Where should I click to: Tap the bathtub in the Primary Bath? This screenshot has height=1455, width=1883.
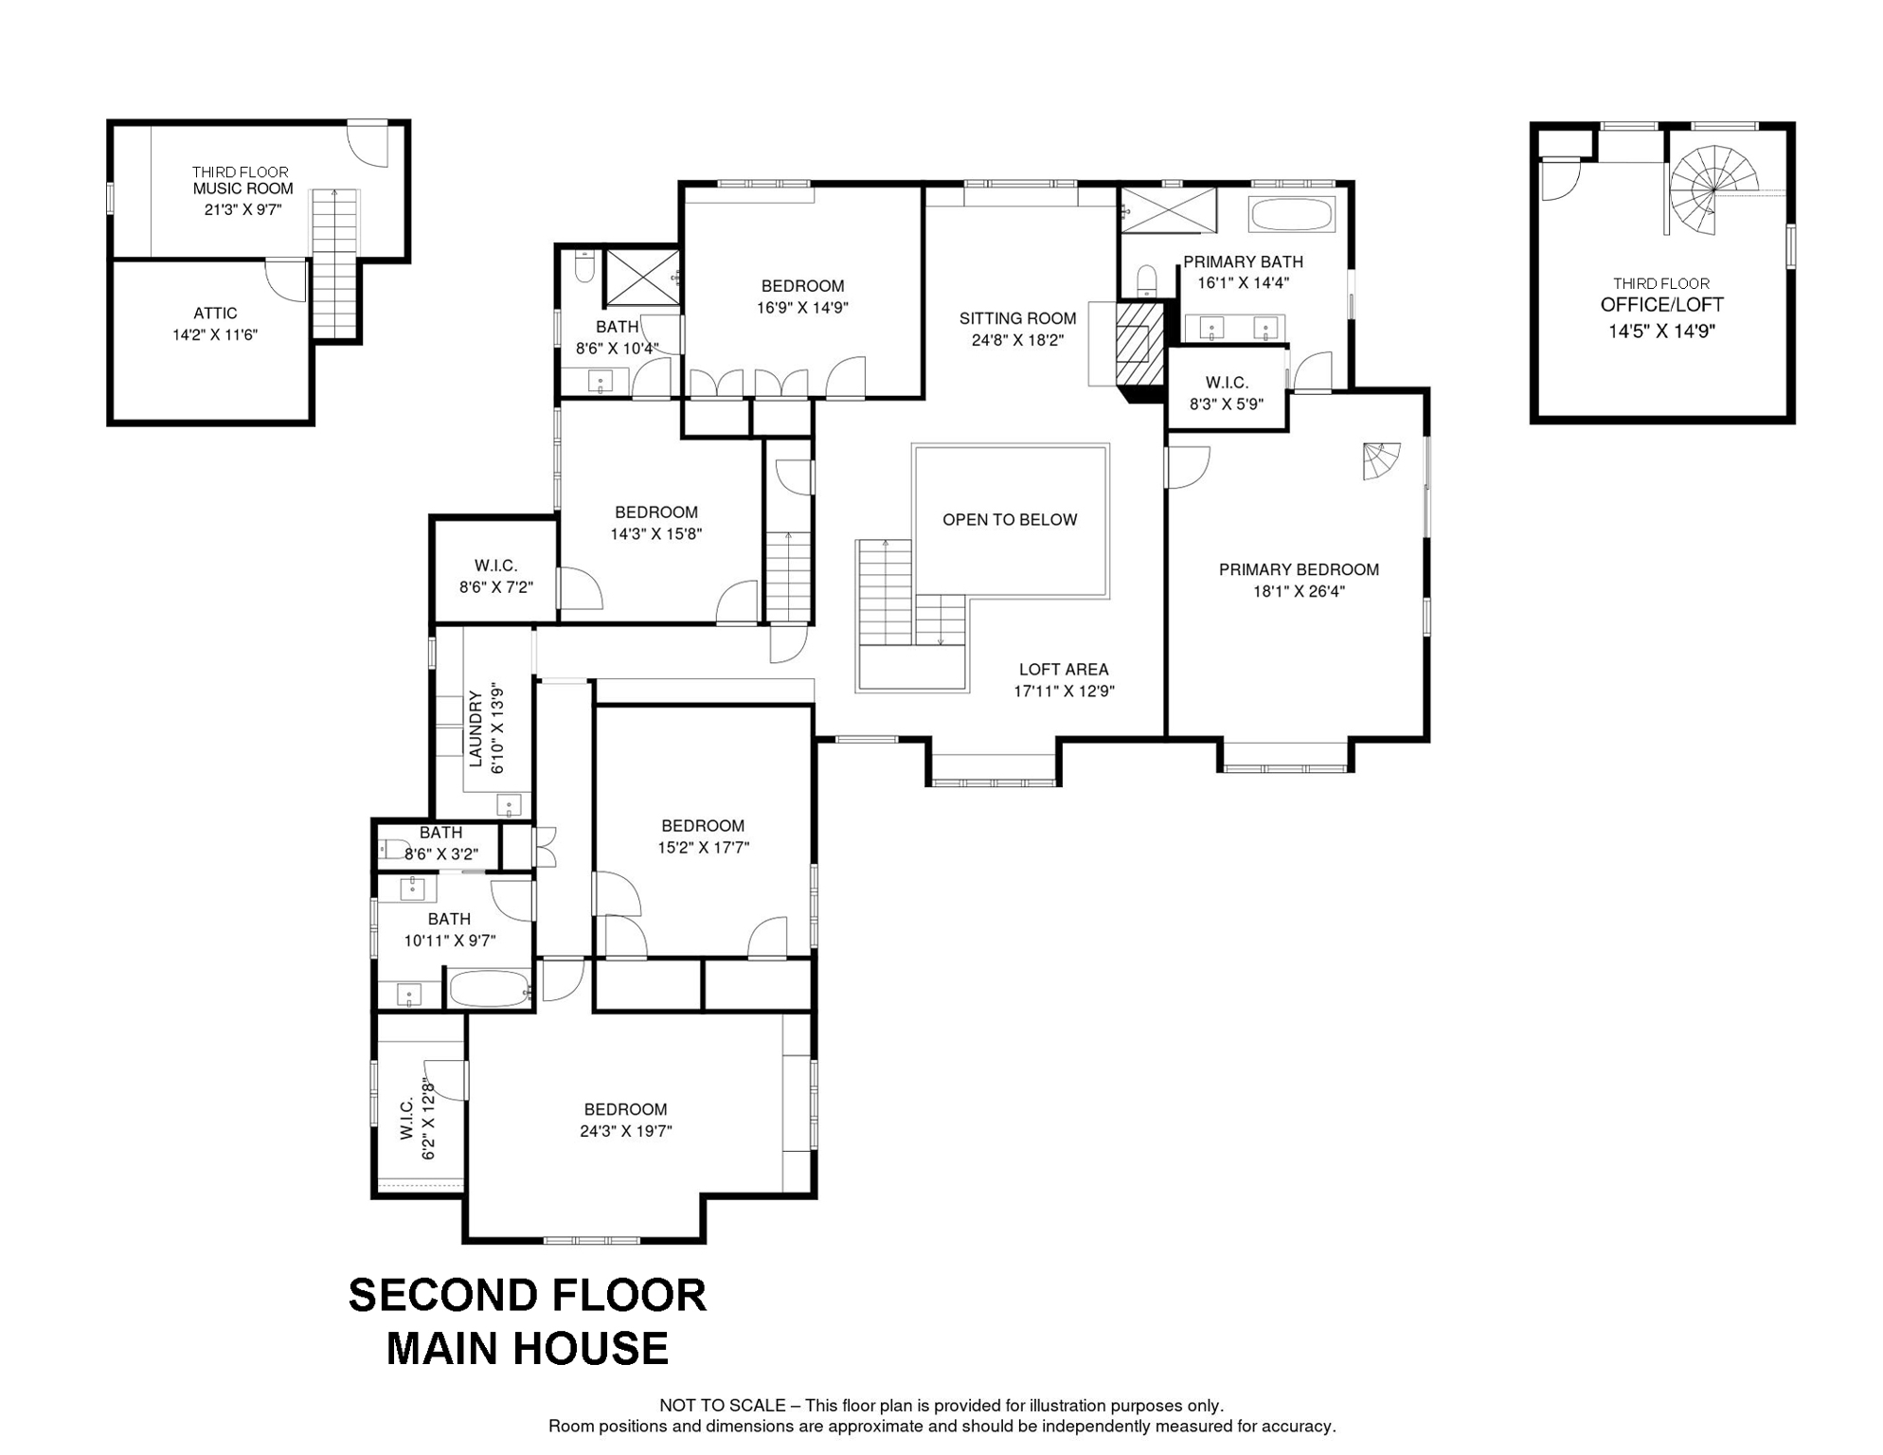tap(1292, 214)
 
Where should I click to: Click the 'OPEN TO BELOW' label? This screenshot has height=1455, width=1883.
tap(1010, 519)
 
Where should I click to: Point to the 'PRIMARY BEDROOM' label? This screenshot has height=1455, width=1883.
tap(1299, 569)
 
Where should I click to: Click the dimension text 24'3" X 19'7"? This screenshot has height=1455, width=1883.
tap(626, 1131)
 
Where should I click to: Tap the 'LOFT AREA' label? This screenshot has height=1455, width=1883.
tap(1064, 669)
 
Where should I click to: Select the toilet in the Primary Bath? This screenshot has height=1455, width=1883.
tap(1147, 280)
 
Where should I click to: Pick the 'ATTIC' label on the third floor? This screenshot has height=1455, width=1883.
tap(215, 313)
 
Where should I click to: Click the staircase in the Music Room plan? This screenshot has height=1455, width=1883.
tap(334, 262)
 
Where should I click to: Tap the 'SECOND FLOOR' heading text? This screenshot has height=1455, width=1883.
tap(528, 1295)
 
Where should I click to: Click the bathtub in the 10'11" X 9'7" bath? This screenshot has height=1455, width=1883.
tap(489, 989)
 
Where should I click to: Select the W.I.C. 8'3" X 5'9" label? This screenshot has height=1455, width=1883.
tap(1227, 393)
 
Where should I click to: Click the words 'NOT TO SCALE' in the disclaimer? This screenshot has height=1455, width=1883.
tap(723, 1406)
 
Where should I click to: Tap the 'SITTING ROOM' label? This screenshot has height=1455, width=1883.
tap(1017, 318)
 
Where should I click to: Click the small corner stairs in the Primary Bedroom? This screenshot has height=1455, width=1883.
tap(1380, 461)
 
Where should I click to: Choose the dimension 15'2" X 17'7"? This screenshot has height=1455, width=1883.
tap(703, 848)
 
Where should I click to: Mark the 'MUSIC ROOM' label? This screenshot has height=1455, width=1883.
tap(243, 189)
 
